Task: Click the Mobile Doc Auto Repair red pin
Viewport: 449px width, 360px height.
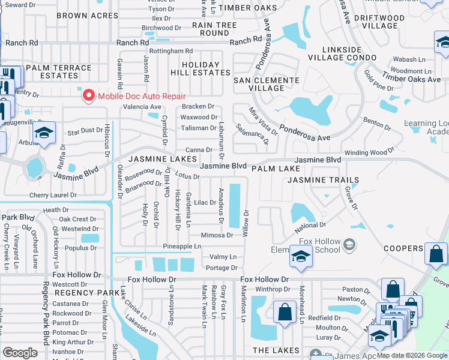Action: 89,95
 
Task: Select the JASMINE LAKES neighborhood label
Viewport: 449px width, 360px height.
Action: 154,158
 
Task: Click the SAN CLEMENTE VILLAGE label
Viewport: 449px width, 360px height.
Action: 266,84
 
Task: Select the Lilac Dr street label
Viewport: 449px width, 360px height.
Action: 205,203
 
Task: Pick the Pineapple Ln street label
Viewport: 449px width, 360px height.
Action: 182,247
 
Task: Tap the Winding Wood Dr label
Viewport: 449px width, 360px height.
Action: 370,152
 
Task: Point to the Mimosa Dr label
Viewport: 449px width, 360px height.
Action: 217,235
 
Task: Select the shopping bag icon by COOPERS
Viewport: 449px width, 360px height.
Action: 436,253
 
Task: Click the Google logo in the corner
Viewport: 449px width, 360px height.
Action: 20,353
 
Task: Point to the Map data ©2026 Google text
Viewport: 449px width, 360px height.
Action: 411,355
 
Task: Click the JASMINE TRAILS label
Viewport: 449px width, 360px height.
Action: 323,180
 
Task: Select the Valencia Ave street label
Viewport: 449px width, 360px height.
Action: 142,107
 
